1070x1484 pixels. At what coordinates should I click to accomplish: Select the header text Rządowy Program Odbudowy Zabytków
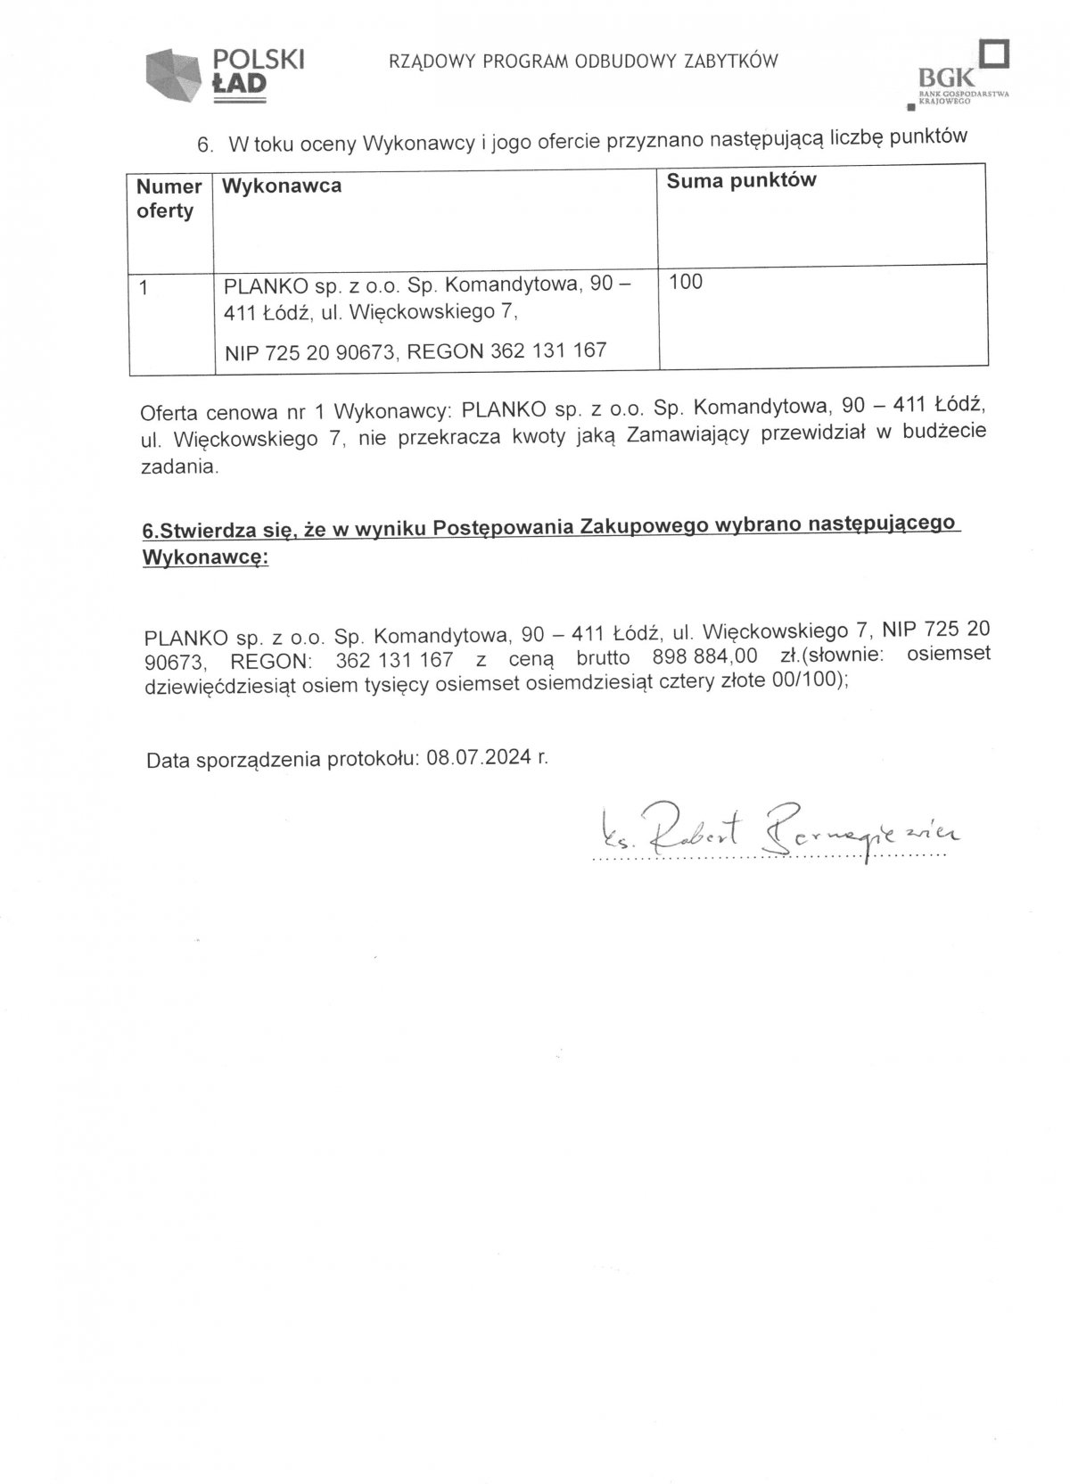click(583, 61)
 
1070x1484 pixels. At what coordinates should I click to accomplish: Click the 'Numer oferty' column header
click(169, 199)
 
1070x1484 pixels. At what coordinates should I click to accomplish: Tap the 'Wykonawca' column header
click(281, 186)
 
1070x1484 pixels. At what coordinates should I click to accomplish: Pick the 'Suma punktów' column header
click(742, 180)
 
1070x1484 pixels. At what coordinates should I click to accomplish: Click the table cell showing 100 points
click(686, 282)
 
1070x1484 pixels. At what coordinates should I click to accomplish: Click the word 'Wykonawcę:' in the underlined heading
click(205, 557)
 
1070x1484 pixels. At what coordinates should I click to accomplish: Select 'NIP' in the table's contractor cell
click(241, 353)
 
